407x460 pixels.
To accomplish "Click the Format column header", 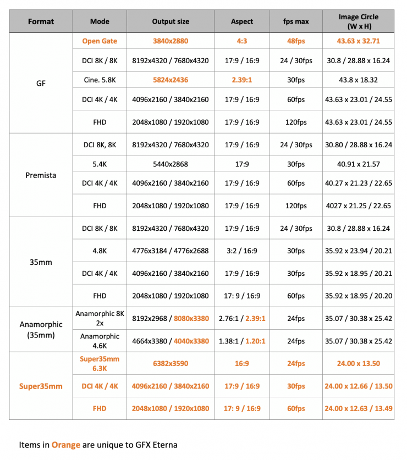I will click(41, 22).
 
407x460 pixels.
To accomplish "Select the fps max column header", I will click(296, 22).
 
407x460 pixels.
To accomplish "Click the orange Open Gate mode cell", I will click(100, 41).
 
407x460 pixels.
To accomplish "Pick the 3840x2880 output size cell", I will click(170, 41).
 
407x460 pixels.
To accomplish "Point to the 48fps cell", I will click(296, 41).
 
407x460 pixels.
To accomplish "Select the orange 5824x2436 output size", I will click(170, 80).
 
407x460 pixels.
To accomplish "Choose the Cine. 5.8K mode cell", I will click(100, 80).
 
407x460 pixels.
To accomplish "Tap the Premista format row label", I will click(41, 175).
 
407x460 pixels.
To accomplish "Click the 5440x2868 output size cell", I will click(170, 164).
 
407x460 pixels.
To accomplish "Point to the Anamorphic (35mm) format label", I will click(41, 329).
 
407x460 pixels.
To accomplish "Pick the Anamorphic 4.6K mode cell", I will click(100, 341).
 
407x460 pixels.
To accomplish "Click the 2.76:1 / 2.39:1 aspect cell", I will click(242, 318).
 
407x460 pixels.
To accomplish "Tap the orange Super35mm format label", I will click(41, 386).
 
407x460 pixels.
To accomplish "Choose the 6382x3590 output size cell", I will click(170, 363).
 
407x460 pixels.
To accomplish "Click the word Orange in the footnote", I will click(66, 445).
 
